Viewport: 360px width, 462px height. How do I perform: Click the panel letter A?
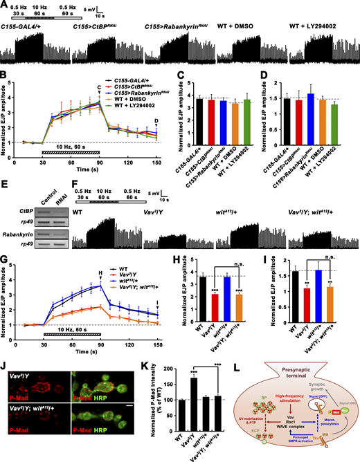coord(5,5)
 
